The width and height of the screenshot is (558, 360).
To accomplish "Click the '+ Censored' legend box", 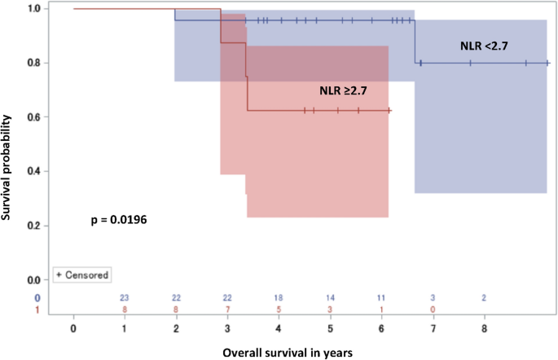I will point(82,275).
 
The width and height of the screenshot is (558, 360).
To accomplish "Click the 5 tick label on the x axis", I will point(330,327).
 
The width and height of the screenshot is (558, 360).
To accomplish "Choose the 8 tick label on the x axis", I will point(484,327).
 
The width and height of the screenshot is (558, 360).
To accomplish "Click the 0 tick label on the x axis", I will point(73,327).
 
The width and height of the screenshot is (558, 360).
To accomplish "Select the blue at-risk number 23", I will point(125,298).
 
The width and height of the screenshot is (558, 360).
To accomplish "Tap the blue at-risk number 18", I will point(279,298).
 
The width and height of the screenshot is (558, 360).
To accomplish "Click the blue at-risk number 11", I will point(381,298).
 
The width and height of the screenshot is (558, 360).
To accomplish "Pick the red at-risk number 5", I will point(279,310).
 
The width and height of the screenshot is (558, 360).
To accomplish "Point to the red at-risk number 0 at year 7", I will point(433,310).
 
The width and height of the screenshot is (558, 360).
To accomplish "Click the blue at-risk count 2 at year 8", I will point(484,298).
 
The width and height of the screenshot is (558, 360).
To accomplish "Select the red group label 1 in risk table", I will point(37,310).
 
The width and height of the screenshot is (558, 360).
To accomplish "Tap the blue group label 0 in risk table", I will point(37,298).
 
